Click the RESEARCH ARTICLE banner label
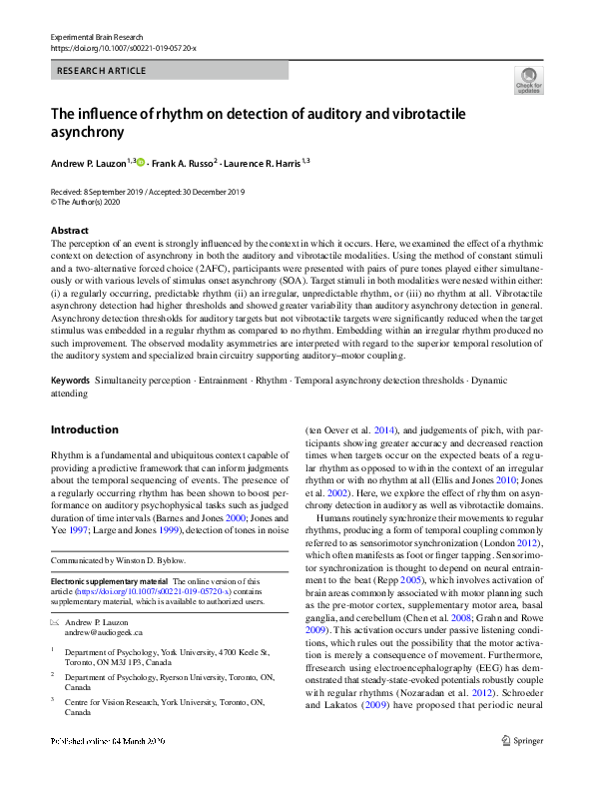(102, 71)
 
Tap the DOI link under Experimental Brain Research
(123, 48)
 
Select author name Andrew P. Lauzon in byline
(90, 163)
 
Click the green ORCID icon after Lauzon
(141, 162)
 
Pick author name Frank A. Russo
(185, 163)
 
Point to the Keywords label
(70, 382)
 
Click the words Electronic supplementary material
(109, 580)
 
